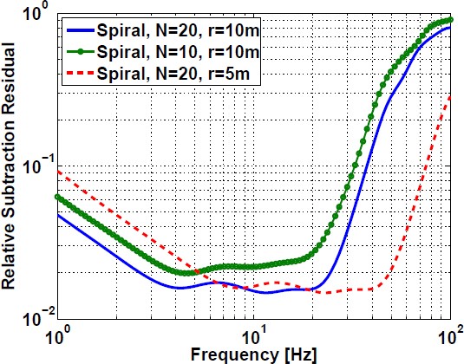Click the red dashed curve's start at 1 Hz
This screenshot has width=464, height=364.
coord(57,171)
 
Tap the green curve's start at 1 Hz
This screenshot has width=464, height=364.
coord(57,197)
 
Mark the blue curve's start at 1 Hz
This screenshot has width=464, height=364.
coord(57,214)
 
